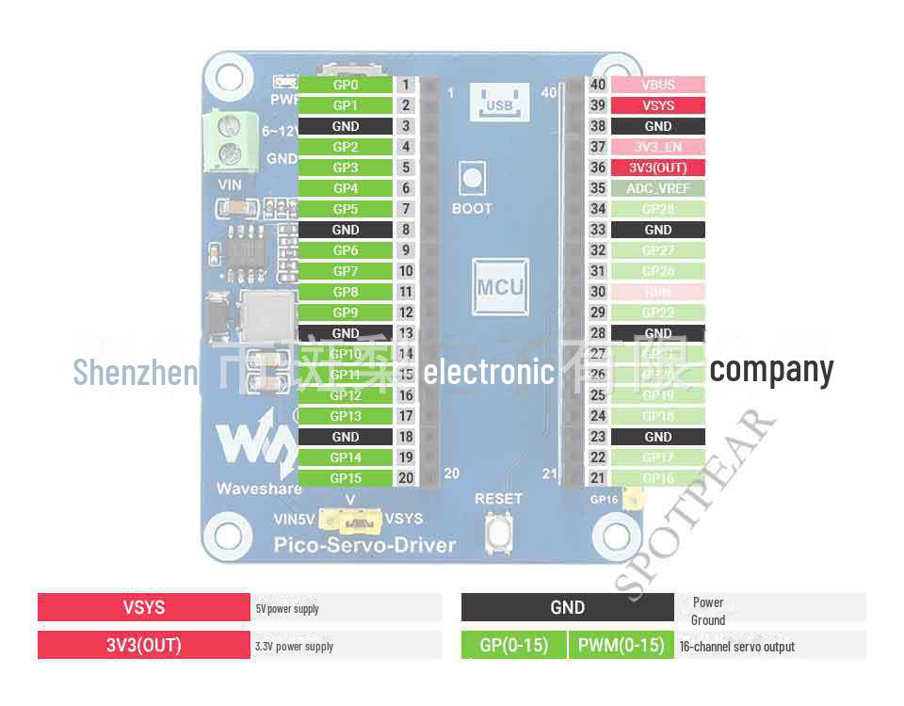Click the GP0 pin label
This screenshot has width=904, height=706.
(345, 85)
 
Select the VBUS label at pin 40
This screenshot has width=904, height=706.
(657, 85)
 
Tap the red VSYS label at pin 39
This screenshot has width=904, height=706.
(657, 105)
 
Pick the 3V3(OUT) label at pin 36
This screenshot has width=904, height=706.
(657, 168)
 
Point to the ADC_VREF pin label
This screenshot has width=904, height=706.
(657, 188)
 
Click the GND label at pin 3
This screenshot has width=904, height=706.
(345, 126)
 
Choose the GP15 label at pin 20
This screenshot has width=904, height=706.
(345, 478)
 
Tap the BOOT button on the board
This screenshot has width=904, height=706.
(471, 177)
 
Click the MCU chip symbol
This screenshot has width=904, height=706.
(499, 287)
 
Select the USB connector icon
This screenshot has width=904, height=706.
(499, 102)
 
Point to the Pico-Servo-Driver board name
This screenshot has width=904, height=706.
(364, 545)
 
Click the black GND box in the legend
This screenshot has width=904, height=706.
(567, 607)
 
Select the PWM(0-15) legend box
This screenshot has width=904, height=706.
(621, 646)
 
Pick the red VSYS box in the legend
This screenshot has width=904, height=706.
(144, 607)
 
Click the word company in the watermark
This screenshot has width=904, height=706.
(771, 370)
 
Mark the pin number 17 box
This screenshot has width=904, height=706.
(406, 416)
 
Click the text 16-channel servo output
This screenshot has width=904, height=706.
(737, 647)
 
